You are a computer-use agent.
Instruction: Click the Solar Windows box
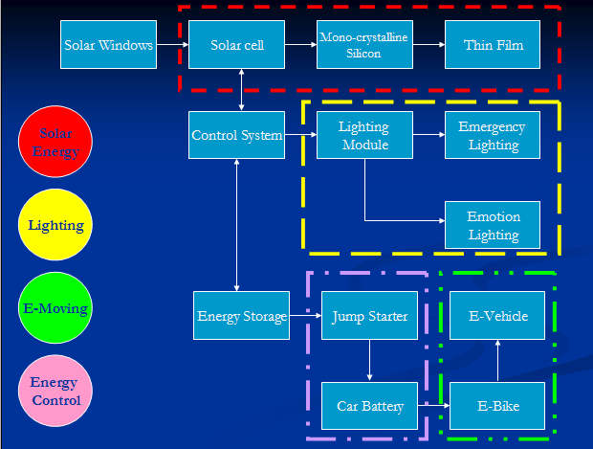click(109, 45)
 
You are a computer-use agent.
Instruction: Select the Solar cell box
click(237, 45)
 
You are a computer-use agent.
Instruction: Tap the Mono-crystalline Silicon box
click(363, 45)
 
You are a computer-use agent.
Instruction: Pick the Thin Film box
click(493, 45)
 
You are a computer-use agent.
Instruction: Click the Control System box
click(237, 135)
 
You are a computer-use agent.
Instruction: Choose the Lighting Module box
click(364, 135)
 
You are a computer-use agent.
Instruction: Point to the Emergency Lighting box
click(493, 135)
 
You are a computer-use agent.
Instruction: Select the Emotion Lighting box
click(493, 225)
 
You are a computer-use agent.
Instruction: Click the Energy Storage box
click(241, 316)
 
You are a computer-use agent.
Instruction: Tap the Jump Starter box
click(369, 316)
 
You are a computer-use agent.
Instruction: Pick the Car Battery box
click(369, 406)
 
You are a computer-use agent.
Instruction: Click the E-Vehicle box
click(497, 316)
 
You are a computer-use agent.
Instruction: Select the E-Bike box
click(497, 406)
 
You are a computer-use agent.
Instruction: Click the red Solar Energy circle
click(55, 143)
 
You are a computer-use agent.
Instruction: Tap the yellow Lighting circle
click(55, 226)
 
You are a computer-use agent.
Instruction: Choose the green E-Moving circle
click(55, 308)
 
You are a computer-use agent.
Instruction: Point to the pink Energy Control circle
click(55, 392)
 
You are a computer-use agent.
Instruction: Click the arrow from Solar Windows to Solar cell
click(172, 44)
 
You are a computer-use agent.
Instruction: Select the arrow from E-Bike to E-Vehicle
click(497, 361)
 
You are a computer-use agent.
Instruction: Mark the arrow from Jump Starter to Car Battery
click(369, 361)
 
